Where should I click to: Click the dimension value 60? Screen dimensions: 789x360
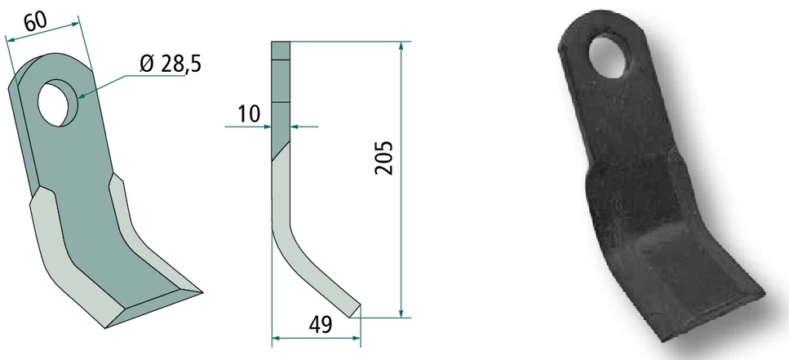35,21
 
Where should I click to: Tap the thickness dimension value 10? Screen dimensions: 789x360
249,113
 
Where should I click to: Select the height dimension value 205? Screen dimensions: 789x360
383,158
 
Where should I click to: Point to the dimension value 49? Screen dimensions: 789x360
320,325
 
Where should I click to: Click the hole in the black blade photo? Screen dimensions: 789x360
607,56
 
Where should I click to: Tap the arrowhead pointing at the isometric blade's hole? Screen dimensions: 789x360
82,96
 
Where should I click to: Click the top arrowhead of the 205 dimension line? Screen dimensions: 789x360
401,47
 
